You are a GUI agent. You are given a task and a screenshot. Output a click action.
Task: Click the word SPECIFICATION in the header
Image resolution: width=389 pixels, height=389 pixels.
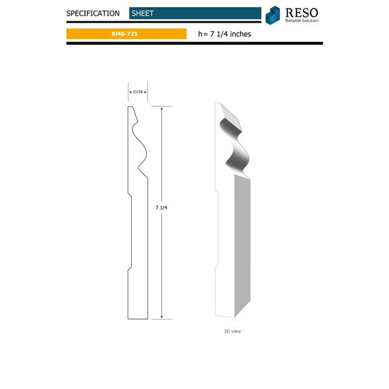[x=93, y=13]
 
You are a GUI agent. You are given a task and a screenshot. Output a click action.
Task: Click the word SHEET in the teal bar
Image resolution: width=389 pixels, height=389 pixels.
[x=143, y=13]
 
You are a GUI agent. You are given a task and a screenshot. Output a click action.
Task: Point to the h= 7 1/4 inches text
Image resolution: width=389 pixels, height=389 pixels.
[x=224, y=34]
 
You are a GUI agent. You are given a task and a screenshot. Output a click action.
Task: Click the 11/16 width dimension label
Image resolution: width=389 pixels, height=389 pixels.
[x=137, y=92]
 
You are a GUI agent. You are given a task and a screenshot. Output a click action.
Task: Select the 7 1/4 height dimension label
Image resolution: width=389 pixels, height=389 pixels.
[x=162, y=207]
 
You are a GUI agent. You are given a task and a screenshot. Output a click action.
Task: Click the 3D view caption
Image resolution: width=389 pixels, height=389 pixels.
[x=232, y=331]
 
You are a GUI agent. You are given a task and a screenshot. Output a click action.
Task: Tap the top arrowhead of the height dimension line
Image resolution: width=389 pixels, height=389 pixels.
[x=162, y=109]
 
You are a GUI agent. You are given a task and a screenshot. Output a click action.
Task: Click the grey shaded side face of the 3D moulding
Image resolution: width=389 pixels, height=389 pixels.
[x=240, y=246]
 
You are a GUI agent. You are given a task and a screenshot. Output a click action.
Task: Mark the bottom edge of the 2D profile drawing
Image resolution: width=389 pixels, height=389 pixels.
[x=139, y=319]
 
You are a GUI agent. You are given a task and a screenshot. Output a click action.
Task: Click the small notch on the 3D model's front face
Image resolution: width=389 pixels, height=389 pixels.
[x=216, y=265]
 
